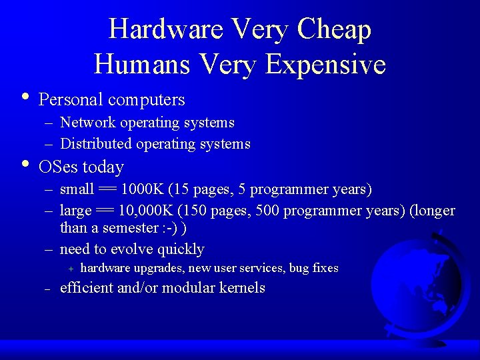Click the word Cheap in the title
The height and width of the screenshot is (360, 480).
coord(335,29)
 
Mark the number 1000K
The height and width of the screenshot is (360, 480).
coord(142,189)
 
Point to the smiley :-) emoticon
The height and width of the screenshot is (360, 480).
coord(170,228)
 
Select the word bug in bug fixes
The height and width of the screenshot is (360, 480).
coord(299,268)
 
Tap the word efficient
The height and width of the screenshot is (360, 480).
coord(86,288)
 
